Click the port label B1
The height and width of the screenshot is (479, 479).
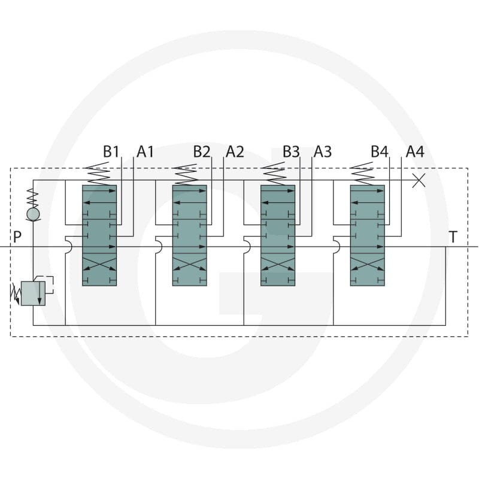click(x=111, y=151)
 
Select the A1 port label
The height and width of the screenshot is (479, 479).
click(x=145, y=151)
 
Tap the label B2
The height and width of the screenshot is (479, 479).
click(x=202, y=151)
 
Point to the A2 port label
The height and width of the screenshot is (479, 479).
click(x=235, y=151)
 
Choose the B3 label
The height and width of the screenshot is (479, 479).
click(x=291, y=151)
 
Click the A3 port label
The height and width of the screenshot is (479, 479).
click(x=323, y=151)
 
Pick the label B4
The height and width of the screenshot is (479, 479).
click(x=380, y=151)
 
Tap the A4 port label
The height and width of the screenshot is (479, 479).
click(x=415, y=151)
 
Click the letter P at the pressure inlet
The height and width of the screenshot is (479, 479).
click(x=17, y=237)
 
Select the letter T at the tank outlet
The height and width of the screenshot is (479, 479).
click(x=453, y=237)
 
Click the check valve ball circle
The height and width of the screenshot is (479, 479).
click(x=33, y=214)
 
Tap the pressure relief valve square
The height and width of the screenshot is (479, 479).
click(x=33, y=293)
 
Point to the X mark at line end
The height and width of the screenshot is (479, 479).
click(x=419, y=180)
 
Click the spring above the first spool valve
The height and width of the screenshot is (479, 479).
click(x=97, y=174)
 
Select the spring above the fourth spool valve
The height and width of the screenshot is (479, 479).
click(x=363, y=174)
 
